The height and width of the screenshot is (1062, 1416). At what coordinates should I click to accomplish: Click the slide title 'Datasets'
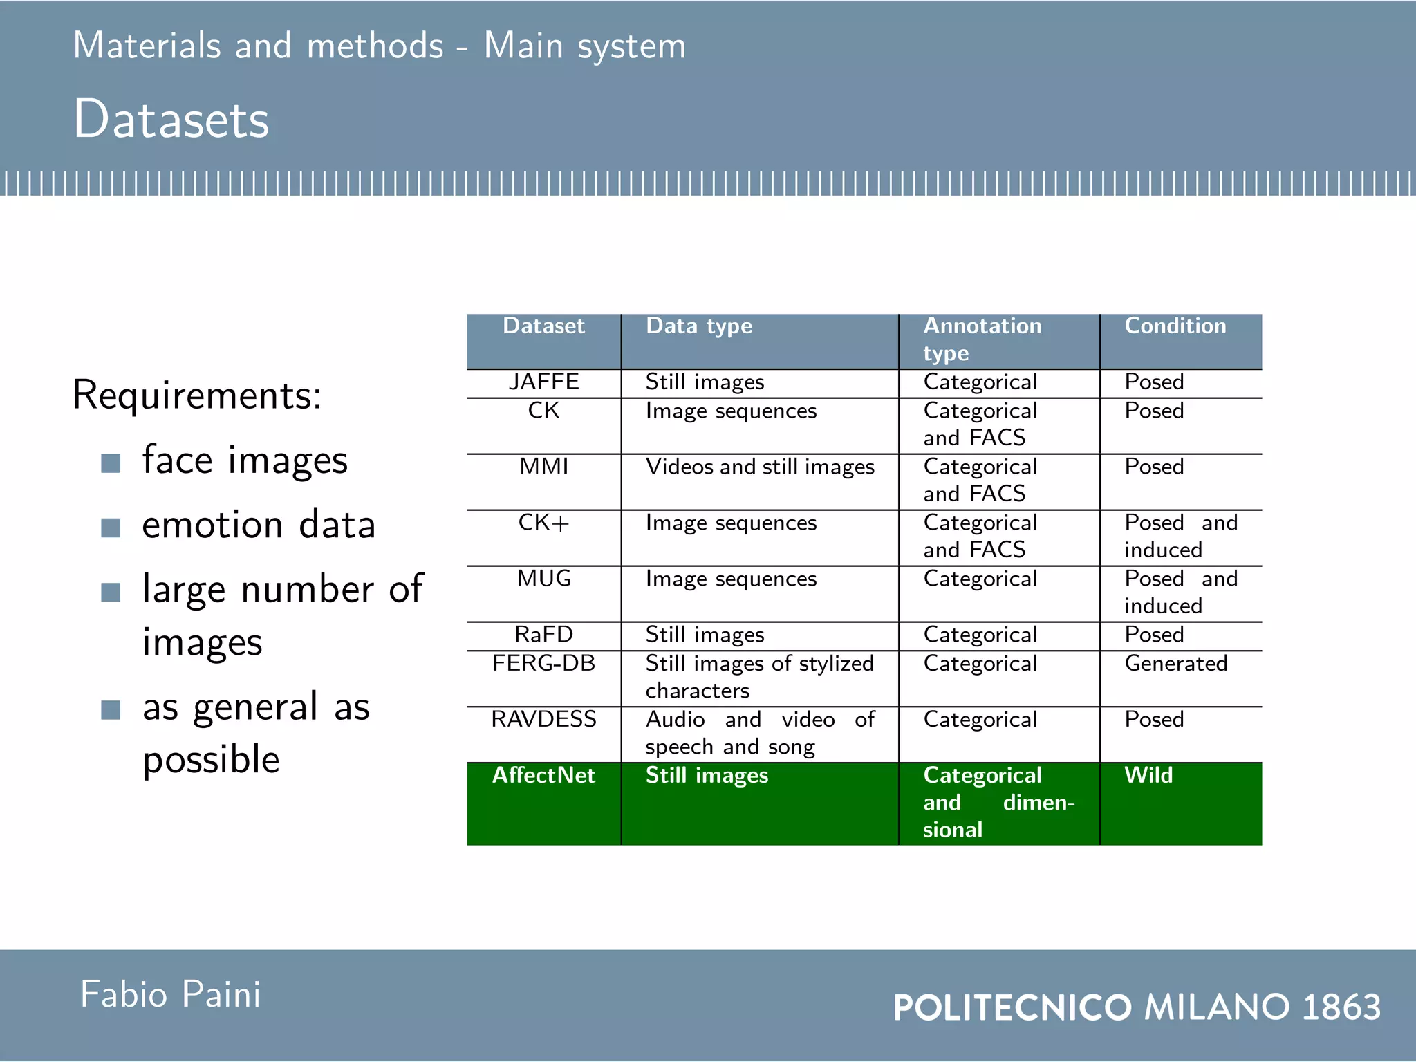point(171,120)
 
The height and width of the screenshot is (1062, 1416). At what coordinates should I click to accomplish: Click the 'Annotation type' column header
point(982,339)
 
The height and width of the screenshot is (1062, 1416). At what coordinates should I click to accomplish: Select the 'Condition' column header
point(1175,326)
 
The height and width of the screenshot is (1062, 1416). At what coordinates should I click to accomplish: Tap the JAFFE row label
point(543,382)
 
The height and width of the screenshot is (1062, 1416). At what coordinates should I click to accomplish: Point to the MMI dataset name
point(543,467)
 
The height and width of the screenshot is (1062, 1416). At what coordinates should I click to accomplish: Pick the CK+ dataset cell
point(543,523)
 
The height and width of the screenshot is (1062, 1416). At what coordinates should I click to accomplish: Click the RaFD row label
point(543,634)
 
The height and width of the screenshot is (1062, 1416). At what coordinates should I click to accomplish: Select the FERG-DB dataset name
point(543,663)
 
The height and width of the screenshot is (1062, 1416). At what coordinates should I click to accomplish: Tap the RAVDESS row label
point(543,719)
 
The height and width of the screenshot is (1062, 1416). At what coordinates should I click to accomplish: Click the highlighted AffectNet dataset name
point(543,775)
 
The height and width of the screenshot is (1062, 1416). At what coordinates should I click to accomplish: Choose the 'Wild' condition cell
point(1148,775)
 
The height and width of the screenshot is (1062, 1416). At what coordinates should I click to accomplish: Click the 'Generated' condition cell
point(1175,663)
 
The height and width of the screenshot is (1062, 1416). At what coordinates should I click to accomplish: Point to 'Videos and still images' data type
point(760,467)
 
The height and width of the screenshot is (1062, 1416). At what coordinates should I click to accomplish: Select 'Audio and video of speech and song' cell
point(760,733)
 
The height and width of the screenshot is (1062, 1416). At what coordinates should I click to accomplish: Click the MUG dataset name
point(543,579)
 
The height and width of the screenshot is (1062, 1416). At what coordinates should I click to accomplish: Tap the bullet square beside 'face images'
point(111,463)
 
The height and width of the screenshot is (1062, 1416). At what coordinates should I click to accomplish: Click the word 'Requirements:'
point(197,395)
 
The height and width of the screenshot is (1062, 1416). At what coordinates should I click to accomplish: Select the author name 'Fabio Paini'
point(170,994)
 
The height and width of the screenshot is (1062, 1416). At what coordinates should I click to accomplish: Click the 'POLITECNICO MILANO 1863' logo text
point(1137,1007)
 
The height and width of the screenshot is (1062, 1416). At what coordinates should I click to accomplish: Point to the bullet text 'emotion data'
point(259,525)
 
